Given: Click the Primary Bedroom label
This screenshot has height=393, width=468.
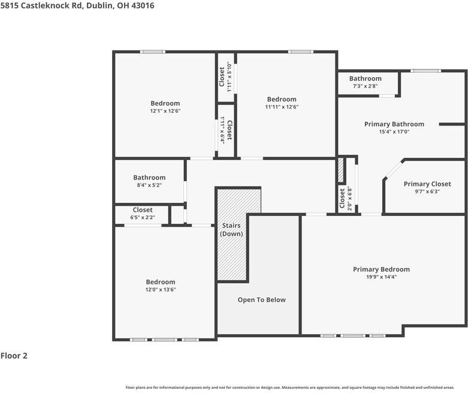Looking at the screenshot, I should click(x=381, y=269).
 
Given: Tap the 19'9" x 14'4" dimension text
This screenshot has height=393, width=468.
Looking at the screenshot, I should click(x=381, y=277).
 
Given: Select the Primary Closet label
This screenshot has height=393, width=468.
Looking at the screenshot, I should click(x=427, y=184).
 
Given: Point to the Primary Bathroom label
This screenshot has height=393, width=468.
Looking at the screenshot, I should click(x=394, y=124).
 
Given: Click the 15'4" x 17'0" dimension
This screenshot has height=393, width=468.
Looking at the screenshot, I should click(x=394, y=132).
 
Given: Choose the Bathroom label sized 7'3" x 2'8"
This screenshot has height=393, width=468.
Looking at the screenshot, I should click(x=365, y=79).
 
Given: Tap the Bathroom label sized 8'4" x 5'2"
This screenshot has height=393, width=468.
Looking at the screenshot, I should click(x=149, y=178).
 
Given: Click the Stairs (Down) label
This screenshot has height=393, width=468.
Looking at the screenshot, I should click(x=231, y=230).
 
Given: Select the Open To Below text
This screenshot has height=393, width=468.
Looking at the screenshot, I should click(x=261, y=300).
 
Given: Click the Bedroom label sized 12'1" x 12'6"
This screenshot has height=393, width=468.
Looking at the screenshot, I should click(x=165, y=103).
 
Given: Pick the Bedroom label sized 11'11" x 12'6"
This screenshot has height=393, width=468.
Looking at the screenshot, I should click(x=281, y=100).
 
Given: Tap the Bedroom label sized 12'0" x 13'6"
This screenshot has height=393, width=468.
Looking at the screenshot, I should click(x=161, y=282).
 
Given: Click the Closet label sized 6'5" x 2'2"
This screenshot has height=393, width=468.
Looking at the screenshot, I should click(x=143, y=210).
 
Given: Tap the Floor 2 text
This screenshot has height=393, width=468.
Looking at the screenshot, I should click(x=14, y=356).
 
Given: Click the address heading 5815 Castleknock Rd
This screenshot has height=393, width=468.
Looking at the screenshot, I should click(x=77, y=5).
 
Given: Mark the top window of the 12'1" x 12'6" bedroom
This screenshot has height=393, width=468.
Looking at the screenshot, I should click(x=152, y=52).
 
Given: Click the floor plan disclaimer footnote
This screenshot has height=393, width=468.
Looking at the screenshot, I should click(x=289, y=388).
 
